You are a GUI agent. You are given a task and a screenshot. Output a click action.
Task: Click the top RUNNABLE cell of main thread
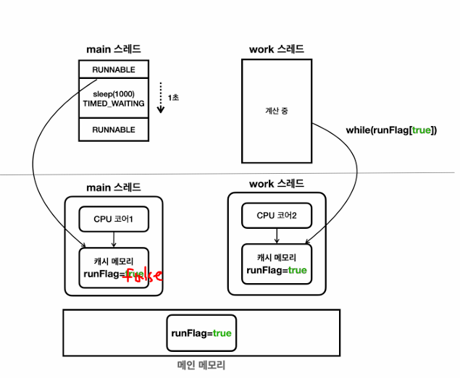tap(114, 70)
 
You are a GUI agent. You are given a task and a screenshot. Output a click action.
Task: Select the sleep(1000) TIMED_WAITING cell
tap(114, 98)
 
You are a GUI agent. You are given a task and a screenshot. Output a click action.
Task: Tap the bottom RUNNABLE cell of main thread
tap(114, 130)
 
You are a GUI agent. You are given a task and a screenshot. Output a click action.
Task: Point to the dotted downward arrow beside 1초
tap(161, 98)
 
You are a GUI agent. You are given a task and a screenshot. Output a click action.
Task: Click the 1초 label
tap(173, 97)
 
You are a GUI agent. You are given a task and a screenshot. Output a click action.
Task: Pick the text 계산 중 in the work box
tap(277, 111)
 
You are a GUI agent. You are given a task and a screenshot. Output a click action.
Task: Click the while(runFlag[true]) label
tap(391, 130)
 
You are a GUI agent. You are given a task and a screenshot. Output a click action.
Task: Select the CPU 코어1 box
tap(114, 219)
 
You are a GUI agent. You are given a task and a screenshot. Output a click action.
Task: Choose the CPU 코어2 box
tap(277, 216)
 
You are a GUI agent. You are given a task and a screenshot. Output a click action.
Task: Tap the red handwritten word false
tap(143, 275)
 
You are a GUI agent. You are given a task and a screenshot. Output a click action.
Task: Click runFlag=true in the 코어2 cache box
tap(277, 270)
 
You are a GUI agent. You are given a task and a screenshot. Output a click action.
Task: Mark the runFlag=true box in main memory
tap(201, 333)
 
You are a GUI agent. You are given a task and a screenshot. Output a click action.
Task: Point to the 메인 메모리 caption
tap(201, 366)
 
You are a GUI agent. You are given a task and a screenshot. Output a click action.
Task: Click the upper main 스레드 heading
tap(114, 49)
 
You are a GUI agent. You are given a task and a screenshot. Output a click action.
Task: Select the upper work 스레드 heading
tap(277, 49)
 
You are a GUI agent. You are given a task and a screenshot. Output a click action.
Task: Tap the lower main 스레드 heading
tap(114, 188)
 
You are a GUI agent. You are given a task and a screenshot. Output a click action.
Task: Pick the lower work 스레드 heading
tap(277, 184)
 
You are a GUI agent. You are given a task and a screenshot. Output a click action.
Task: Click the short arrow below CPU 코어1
tap(114, 240)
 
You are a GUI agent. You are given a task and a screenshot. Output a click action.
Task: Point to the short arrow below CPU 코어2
tap(277, 236)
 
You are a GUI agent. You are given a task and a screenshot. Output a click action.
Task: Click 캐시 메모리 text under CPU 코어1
tap(114, 261)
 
